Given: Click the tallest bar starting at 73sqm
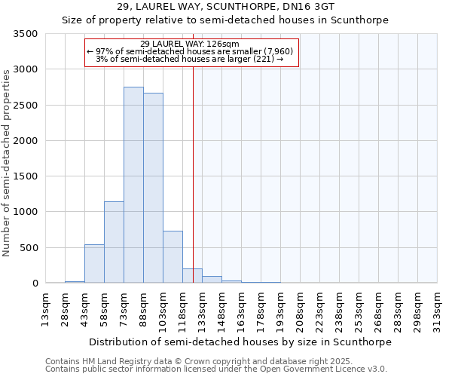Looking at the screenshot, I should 133,185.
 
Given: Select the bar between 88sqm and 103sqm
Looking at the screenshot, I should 153,188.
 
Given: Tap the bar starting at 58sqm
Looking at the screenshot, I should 114,242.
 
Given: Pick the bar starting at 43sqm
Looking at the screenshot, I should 94,264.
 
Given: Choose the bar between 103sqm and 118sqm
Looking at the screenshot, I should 173,257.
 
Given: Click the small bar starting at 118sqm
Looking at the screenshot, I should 192,276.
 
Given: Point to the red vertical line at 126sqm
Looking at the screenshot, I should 194,173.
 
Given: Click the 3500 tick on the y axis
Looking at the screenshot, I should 27,34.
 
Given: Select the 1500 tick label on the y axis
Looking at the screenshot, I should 27,176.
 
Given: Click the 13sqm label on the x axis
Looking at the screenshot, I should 45,310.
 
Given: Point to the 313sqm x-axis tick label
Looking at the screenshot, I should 437,310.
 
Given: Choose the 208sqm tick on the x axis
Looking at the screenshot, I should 300,310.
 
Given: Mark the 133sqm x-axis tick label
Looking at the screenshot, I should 202,310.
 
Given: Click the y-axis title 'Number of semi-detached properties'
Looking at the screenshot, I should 7,162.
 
